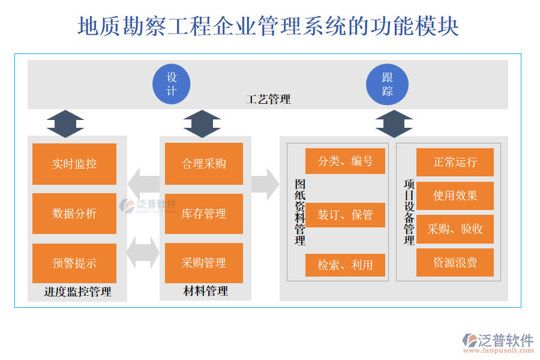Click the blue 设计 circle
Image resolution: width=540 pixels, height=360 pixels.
[x=172, y=84]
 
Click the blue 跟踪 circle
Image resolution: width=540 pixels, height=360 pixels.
[x=388, y=84]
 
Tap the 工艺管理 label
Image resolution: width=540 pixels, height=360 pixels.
[x=268, y=100]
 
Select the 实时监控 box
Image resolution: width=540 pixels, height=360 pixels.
[x=74, y=164]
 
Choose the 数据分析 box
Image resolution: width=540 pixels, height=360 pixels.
[x=74, y=214]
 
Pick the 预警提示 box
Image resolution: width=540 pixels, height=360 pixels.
[x=74, y=263]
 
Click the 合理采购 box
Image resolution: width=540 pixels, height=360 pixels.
[x=204, y=164]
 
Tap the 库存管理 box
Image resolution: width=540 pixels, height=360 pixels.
[x=204, y=214]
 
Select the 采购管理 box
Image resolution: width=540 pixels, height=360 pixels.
[x=204, y=263]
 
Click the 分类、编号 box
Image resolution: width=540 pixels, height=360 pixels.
[x=345, y=161]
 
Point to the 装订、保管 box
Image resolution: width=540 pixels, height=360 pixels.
[x=345, y=215]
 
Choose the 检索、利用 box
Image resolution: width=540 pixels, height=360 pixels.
[x=345, y=265]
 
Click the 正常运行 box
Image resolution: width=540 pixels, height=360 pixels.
[x=455, y=162]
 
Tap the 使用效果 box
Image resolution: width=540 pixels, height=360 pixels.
[x=455, y=196]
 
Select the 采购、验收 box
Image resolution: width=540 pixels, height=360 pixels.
[x=455, y=229]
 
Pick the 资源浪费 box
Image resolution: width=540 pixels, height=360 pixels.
[x=455, y=263]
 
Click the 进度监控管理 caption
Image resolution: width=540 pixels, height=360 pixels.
[x=77, y=292]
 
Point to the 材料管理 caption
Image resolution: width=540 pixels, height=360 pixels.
[x=205, y=292]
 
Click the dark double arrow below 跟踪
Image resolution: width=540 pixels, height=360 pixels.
[x=394, y=124]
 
